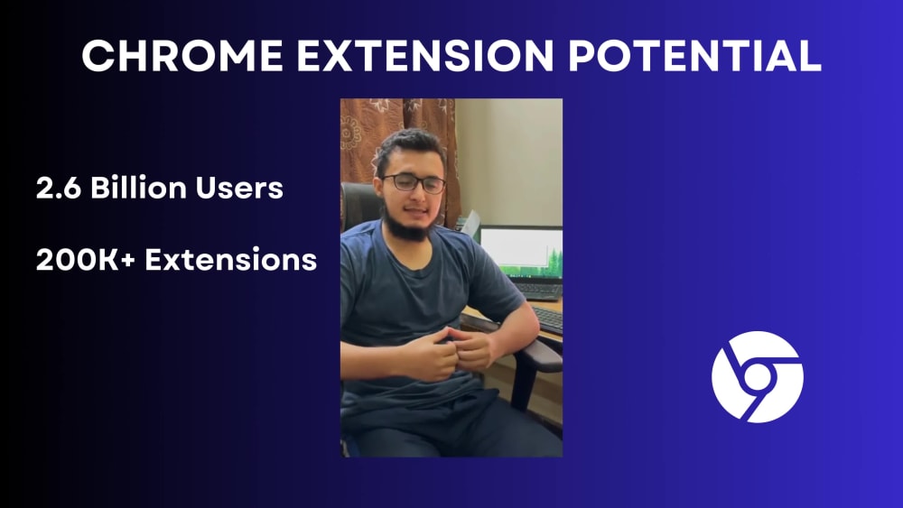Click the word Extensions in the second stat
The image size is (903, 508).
pyautogui.click(x=231, y=260)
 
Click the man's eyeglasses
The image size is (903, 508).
pyautogui.click(x=414, y=183)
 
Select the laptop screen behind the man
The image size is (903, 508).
pyautogui.click(x=521, y=252)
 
